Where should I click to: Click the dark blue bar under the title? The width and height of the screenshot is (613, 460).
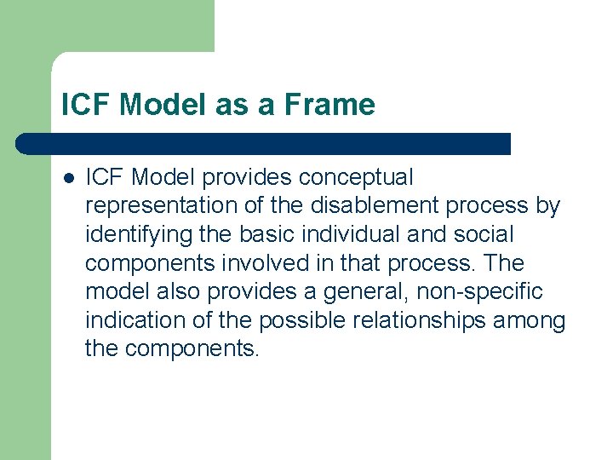pyautogui.click(x=264, y=143)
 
